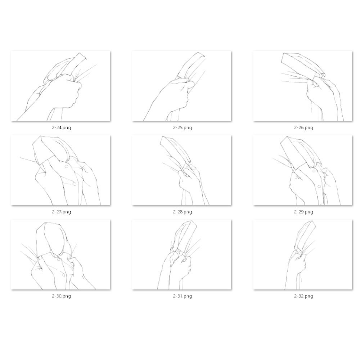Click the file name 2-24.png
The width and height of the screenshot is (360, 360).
61,128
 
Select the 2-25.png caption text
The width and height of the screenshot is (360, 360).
183,128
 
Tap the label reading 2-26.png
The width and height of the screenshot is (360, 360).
303,128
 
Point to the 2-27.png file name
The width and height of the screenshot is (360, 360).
61,212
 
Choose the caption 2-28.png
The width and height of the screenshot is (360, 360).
183,212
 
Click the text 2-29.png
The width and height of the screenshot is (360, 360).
303,212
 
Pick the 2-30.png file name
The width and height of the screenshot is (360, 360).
61,296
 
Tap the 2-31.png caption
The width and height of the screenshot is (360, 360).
183,296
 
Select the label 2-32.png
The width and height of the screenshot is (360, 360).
303,296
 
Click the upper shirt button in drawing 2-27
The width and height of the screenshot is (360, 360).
66,166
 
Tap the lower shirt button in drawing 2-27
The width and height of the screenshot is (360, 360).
75,184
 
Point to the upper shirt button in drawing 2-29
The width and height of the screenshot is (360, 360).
314,171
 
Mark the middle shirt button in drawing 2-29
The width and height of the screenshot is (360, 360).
319,186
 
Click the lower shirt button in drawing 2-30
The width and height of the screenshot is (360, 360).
63,275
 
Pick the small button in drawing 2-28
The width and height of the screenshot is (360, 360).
186,168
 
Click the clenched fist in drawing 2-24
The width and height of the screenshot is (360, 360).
63,92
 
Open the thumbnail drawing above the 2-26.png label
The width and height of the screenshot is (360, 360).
303,86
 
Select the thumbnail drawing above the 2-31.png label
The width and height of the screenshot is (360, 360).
181,255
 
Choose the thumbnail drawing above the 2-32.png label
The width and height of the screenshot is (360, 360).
303,255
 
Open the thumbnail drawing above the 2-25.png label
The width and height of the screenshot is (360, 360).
181,86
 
